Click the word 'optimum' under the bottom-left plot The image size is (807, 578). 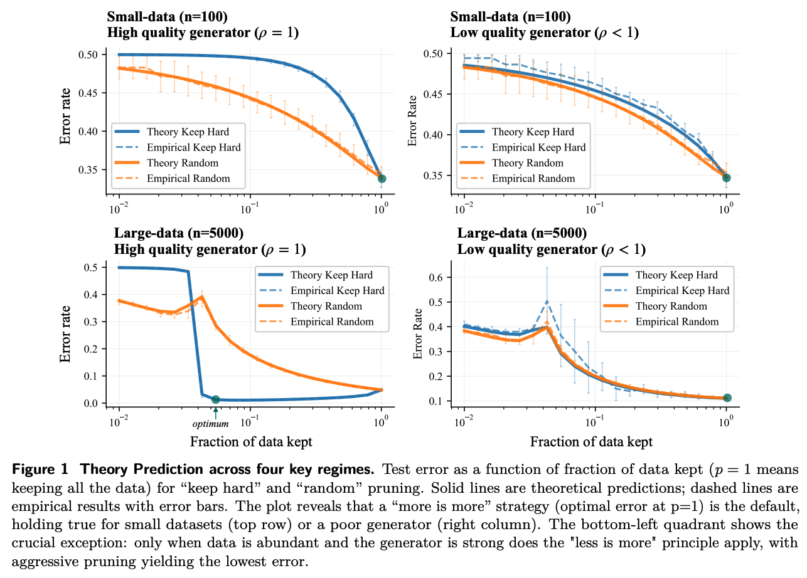click(x=210, y=424)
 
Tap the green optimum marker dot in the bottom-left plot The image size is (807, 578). click(x=216, y=399)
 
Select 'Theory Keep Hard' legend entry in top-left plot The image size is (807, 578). click(x=188, y=132)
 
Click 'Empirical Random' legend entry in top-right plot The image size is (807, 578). click(x=533, y=179)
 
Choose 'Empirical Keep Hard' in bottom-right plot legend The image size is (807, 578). click(x=682, y=290)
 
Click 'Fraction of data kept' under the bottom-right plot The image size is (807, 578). click(x=591, y=442)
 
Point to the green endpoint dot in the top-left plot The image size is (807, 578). click(x=382, y=179)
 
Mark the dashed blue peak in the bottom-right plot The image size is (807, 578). click(x=547, y=302)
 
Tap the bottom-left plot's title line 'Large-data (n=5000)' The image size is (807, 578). click(x=179, y=234)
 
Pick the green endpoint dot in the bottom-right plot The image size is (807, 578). click(x=727, y=398)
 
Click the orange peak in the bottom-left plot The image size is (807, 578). click(x=201, y=297)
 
